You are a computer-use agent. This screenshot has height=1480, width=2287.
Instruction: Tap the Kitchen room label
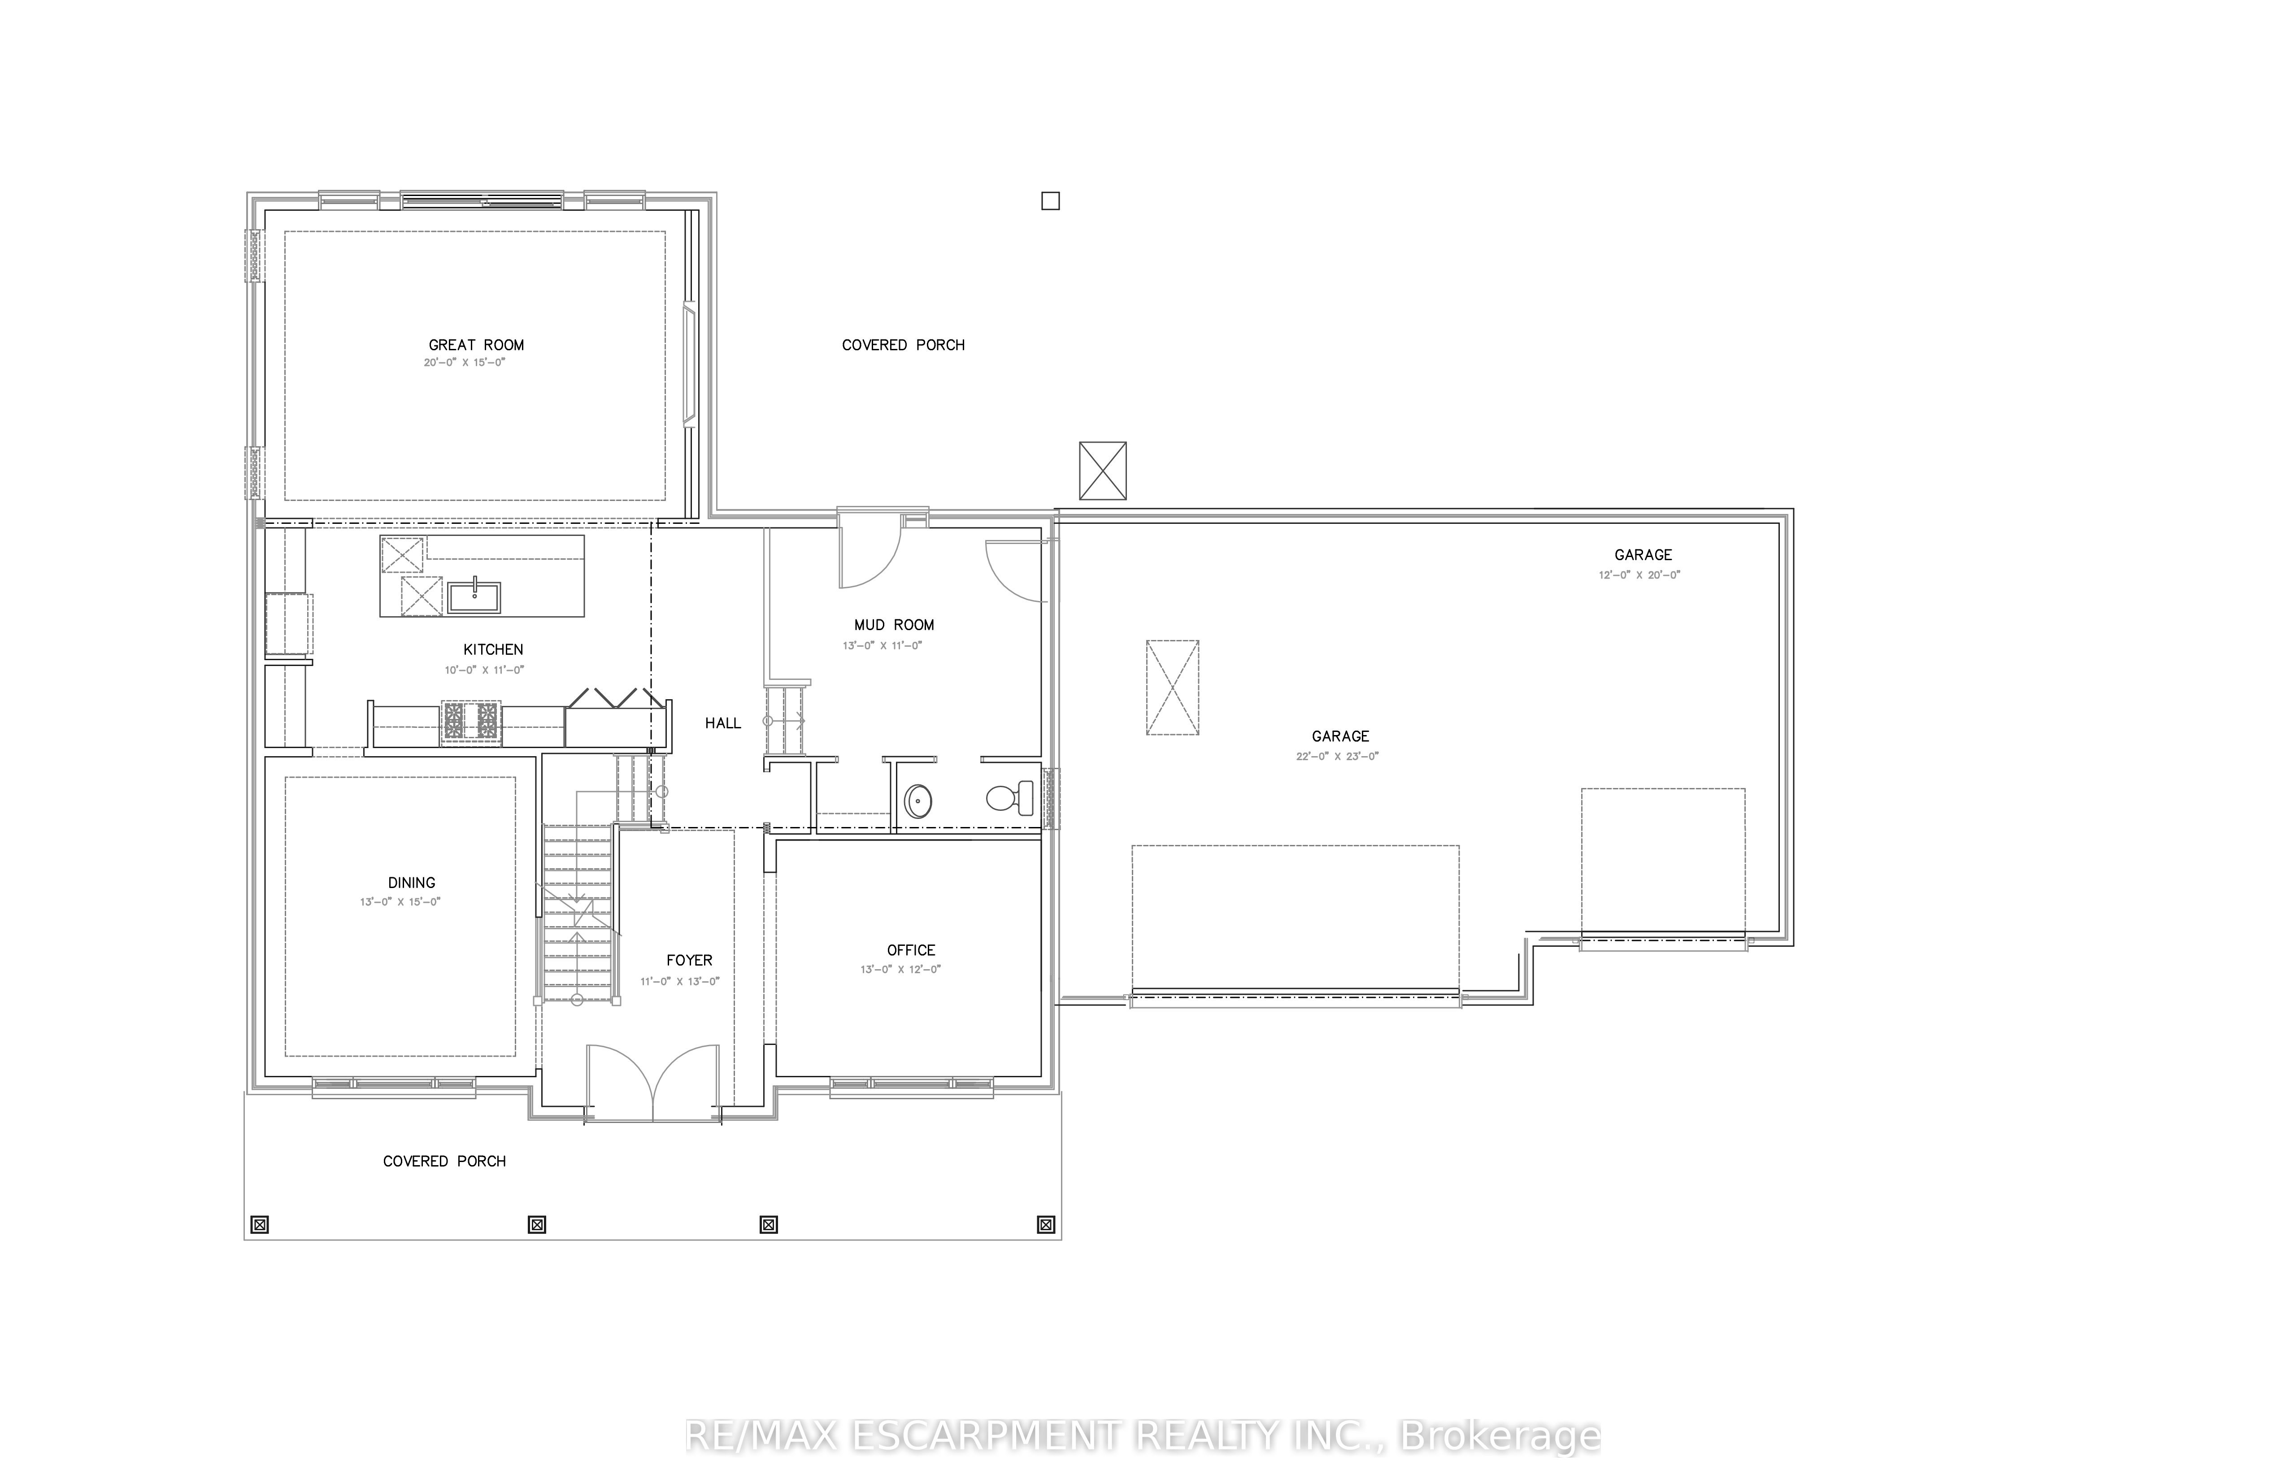coord(493,650)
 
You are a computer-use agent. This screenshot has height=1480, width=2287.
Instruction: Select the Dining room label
coord(411,882)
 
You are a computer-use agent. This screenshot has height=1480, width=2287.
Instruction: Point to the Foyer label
coord(689,960)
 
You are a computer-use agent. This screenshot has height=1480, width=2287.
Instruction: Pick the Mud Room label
coord(894,625)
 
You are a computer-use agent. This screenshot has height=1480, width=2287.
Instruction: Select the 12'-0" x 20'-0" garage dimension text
coord(1639,575)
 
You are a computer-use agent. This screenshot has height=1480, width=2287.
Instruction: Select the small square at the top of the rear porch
coord(1050,201)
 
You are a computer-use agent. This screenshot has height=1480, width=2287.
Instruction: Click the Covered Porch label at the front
coord(444,1161)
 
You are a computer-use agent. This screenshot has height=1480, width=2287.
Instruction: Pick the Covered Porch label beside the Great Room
coord(902,345)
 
